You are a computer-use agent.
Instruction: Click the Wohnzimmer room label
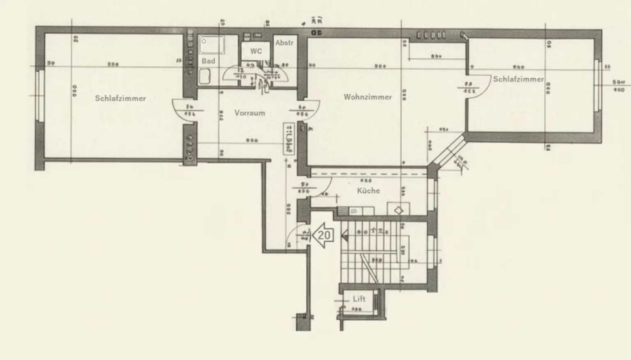[x=368, y=97]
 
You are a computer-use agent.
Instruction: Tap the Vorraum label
[x=249, y=113]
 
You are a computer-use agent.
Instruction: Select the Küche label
[x=368, y=190]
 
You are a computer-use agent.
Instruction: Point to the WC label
[x=256, y=51]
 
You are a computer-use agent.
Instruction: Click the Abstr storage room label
[x=284, y=43]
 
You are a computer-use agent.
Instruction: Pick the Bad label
[x=208, y=61]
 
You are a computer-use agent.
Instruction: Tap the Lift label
[x=359, y=299]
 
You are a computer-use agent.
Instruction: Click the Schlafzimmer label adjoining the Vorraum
[x=120, y=99]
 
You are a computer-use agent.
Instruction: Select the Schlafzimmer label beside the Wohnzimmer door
[x=518, y=79]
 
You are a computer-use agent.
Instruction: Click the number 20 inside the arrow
[x=324, y=235]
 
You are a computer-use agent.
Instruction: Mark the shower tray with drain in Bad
[x=212, y=45]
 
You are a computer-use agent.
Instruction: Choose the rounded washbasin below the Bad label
[x=204, y=76]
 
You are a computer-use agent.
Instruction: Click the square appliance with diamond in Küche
[x=398, y=209]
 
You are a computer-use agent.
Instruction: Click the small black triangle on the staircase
[x=345, y=235]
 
